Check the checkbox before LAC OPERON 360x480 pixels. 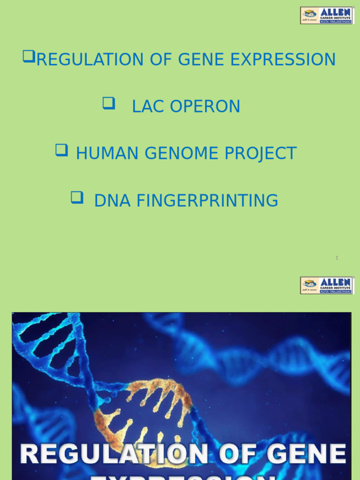(109, 104)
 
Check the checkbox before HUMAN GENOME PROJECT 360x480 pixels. (61, 150)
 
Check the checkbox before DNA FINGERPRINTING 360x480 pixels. (76, 197)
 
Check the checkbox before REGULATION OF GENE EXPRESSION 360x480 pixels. (29, 57)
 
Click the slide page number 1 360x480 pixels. (337, 258)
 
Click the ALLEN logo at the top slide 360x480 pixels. (327, 15)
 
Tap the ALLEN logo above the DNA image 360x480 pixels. (327, 285)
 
